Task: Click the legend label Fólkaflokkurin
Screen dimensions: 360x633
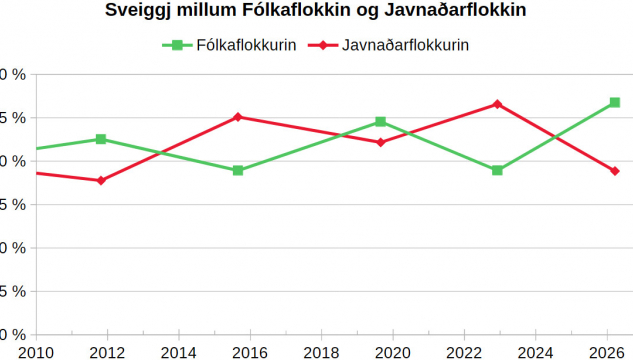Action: tap(246, 45)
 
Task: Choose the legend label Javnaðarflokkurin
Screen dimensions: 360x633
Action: tap(405, 45)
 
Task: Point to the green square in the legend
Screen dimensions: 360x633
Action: tap(176, 45)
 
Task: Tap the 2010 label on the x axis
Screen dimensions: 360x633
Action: tap(36, 351)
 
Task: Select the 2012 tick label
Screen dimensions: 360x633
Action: tap(107, 351)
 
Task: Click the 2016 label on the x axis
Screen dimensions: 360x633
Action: tap(250, 351)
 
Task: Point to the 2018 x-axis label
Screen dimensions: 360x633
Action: tap(321, 351)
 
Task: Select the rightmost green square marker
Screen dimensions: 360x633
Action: tap(615, 103)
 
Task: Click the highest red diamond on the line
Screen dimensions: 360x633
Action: tap(497, 104)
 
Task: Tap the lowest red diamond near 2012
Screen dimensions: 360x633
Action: tap(101, 180)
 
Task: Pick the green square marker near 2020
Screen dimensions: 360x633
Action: tap(380, 122)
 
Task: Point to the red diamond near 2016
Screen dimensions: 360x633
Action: tap(238, 117)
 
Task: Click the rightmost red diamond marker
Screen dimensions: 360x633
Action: tap(615, 171)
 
